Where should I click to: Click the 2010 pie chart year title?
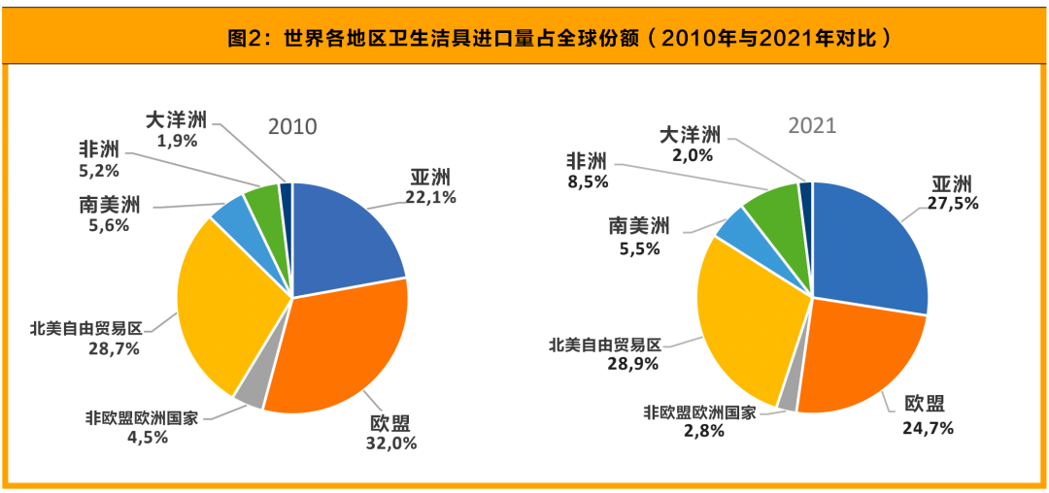[x=292, y=127]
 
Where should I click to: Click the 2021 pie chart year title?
[x=812, y=126]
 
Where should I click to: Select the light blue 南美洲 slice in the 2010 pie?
[x=232, y=214]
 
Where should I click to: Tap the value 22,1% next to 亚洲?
[x=430, y=198]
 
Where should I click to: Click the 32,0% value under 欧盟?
[x=392, y=444]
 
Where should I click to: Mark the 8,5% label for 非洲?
[x=587, y=181]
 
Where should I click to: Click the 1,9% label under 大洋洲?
[x=177, y=141]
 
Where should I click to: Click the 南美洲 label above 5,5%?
[x=639, y=227]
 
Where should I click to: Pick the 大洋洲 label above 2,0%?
[x=690, y=134]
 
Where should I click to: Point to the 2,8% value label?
[x=698, y=431]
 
